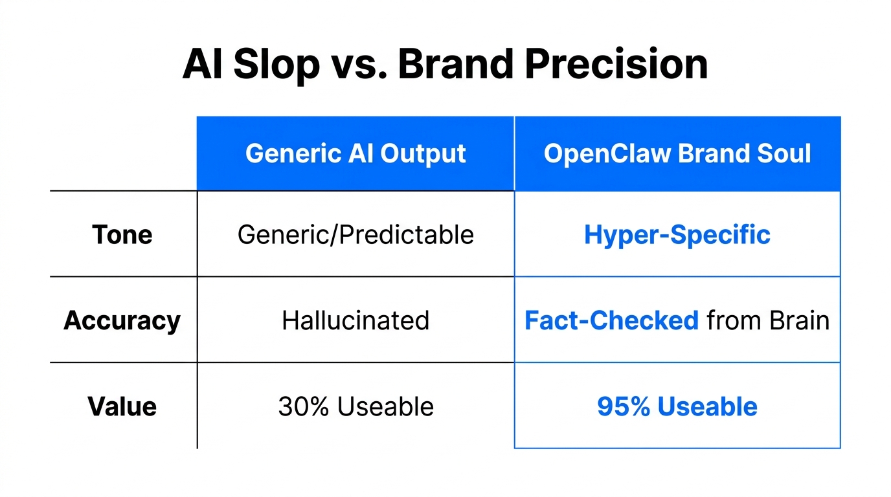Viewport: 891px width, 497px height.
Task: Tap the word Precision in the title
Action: [x=625, y=65]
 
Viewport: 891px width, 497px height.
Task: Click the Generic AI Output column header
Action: [x=355, y=154]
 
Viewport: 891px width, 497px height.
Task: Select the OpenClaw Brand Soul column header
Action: [x=677, y=154]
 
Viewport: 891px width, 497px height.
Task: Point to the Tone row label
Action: [x=122, y=234]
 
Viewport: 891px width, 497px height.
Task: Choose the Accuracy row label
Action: [x=122, y=320]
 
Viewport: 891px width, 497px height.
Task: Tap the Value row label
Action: [x=122, y=406]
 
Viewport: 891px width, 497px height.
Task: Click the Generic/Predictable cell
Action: [x=355, y=234]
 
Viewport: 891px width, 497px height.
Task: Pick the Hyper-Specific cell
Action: [x=677, y=234]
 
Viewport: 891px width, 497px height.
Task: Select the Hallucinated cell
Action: [x=355, y=320]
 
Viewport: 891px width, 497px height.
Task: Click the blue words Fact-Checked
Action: [x=611, y=320]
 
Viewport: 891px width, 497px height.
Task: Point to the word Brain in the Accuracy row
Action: [x=800, y=320]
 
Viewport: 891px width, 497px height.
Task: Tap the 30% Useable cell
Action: [x=355, y=406]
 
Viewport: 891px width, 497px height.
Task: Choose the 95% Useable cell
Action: [x=677, y=406]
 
